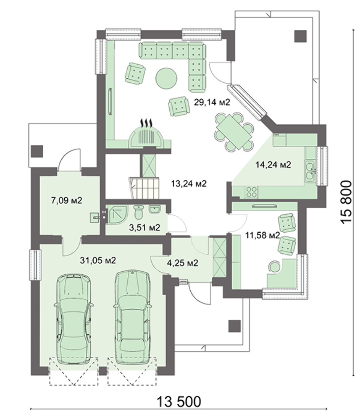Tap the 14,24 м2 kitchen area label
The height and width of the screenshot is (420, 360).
click(273, 164)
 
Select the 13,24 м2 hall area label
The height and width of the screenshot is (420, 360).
click(189, 184)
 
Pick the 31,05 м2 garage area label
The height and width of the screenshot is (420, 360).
click(98, 260)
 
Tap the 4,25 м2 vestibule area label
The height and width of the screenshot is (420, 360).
click(183, 263)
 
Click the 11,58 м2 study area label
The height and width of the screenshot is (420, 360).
click(263, 236)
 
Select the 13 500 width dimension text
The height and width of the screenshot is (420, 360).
click(179, 402)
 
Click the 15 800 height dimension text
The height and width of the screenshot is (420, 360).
click(346, 202)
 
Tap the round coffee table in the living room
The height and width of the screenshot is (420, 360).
click(166, 77)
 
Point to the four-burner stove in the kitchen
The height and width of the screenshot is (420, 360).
click(251, 192)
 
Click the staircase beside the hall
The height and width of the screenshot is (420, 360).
click(144, 188)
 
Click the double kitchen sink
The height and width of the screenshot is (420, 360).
click(310, 171)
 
